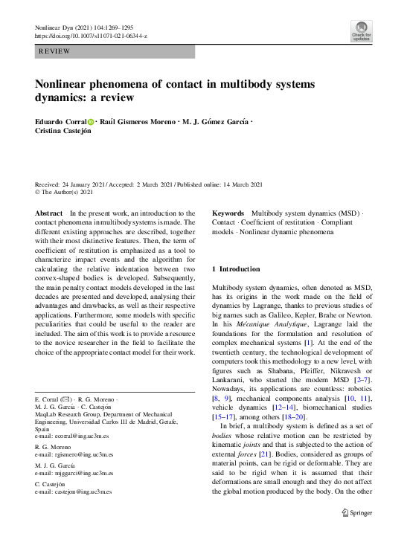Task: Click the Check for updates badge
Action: [361, 31]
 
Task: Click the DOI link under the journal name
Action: [91, 36]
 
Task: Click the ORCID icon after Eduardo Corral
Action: [92, 121]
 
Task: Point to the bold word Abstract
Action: [49, 213]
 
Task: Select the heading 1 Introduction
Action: [237, 268]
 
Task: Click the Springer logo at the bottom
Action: [356, 512]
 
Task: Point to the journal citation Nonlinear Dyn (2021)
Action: [67, 28]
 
